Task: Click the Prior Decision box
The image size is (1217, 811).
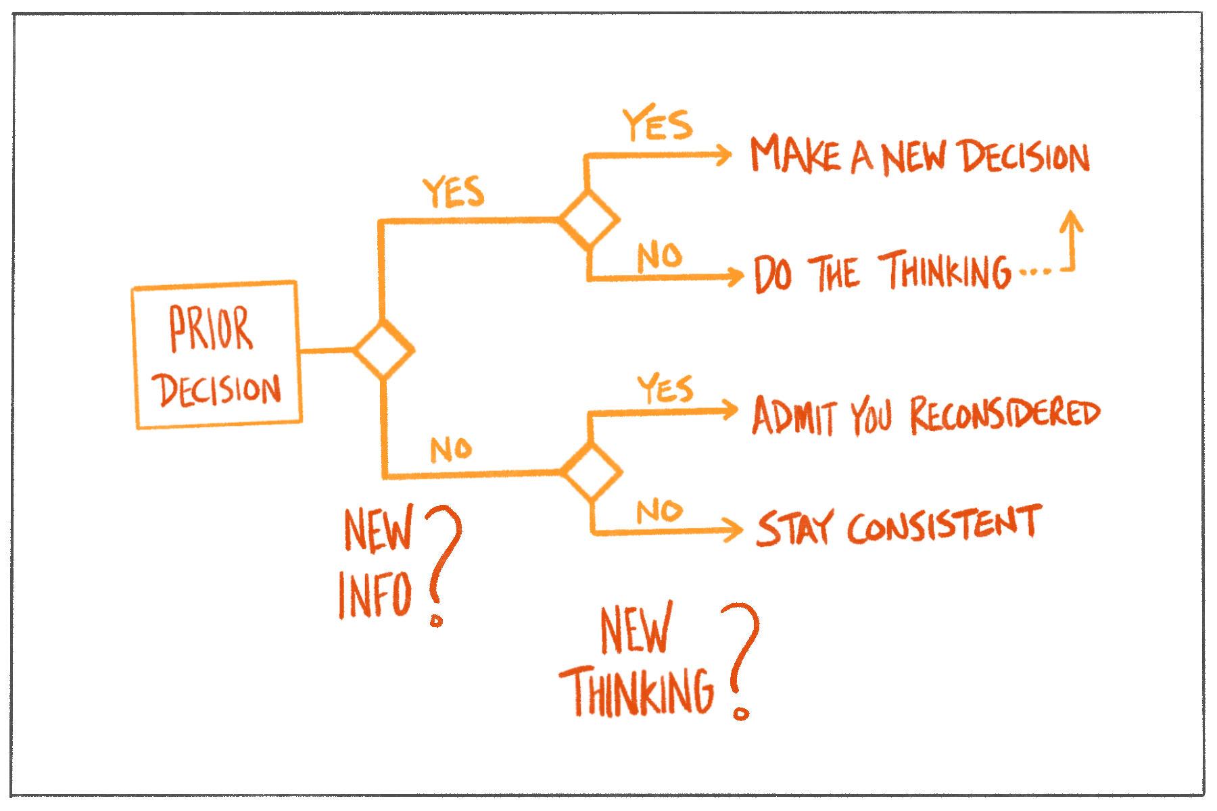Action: [x=216, y=355]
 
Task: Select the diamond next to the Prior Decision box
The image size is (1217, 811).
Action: [x=383, y=350]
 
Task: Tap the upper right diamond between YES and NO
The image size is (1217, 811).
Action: [x=588, y=219]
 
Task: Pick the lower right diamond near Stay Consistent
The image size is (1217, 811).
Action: [x=592, y=471]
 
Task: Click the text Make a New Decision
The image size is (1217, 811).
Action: [x=920, y=156]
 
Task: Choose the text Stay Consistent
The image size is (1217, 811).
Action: [x=899, y=526]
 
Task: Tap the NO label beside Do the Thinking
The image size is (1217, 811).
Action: [x=659, y=256]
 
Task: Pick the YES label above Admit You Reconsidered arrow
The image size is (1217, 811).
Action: [x=665, y=389]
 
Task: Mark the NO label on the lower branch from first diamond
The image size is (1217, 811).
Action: [x=451, y=449]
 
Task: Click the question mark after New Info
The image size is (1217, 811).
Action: [x=443, y=561]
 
